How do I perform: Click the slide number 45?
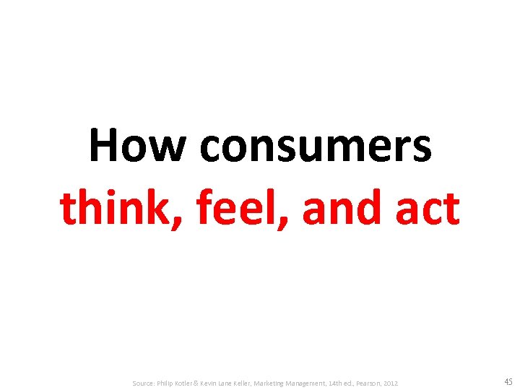[x=507, y=381]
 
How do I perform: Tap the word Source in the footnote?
[x=144, y=382]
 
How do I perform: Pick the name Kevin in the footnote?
[x=220, y=382]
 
